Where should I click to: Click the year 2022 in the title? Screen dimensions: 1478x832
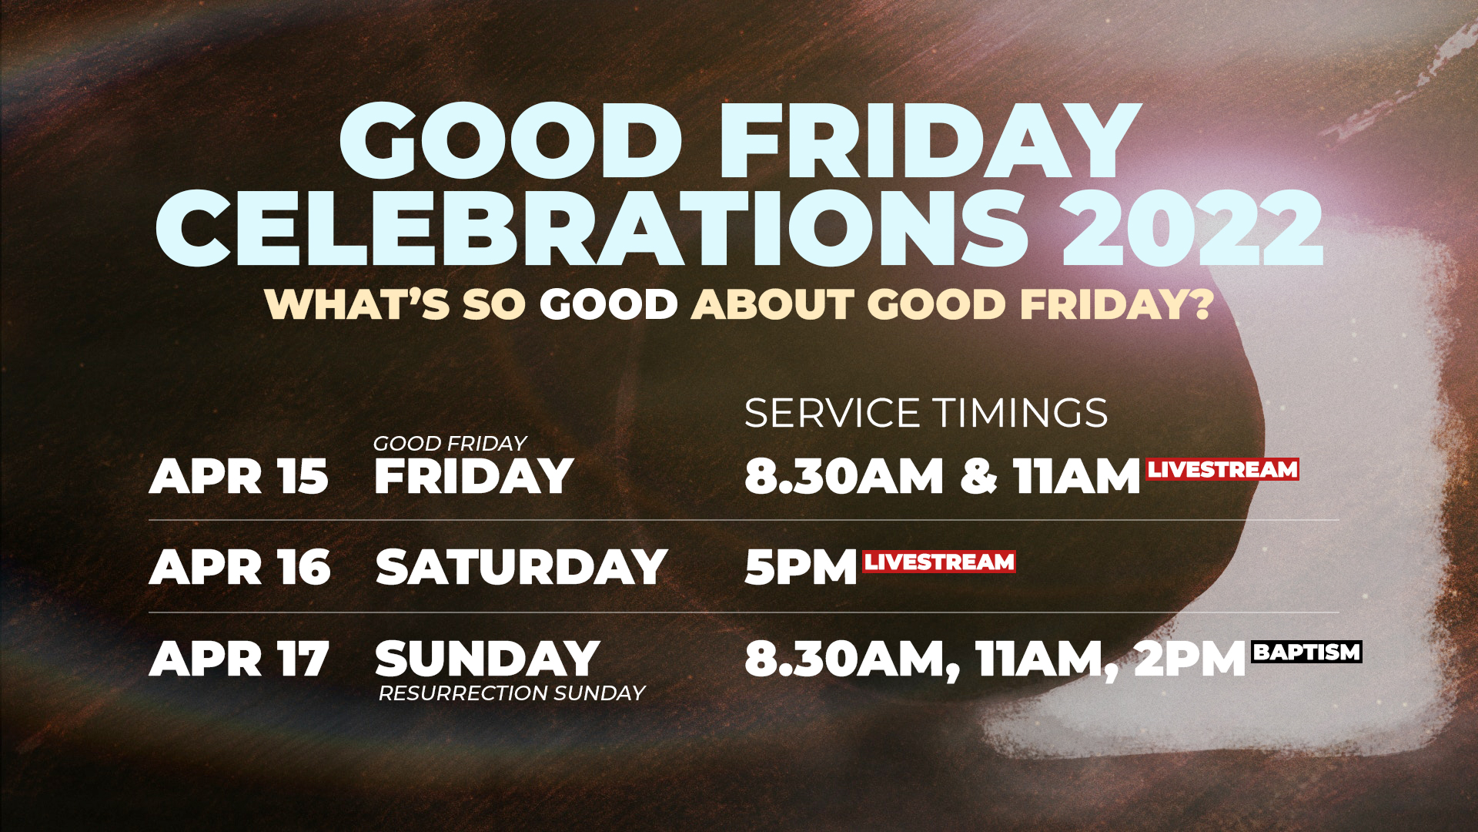click(x=1192, y=229)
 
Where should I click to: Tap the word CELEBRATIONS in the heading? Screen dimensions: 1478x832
click(x=593, y=229)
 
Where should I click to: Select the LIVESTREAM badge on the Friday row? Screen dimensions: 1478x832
click(x=1222, y=469)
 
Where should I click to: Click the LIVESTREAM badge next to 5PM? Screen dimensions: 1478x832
click(x=939, y=562)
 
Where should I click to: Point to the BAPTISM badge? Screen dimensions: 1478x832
click(x=1307, y=652)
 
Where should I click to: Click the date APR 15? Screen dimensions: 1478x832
click(x=239, y=476)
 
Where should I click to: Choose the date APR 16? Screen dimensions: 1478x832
click(x=240, y=568)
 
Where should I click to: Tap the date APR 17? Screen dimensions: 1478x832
click(x=239, y=659)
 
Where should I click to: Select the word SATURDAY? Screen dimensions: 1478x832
click(x=521, y=568)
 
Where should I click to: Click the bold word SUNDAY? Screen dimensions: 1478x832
click(x=487, y=659)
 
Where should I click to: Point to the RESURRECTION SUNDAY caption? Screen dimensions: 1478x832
click(x=512, y=693)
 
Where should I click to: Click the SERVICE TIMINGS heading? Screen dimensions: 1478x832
click(x=926, y=413)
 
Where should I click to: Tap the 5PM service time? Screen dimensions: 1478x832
click(x=801, y=568)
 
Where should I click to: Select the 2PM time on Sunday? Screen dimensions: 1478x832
click(x=1190, y=659)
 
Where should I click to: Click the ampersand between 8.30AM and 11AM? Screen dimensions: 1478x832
click(x=978, y=476)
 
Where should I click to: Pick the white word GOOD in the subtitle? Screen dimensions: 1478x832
click(x=608, y=304)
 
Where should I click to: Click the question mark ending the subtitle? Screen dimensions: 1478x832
click(x=1200, y=304)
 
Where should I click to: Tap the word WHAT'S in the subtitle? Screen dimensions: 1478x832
click(x=357, y=304)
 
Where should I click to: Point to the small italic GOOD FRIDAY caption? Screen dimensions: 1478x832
click(x=450, y=443)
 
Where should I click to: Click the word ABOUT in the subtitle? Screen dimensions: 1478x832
click(x=772, y=304)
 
